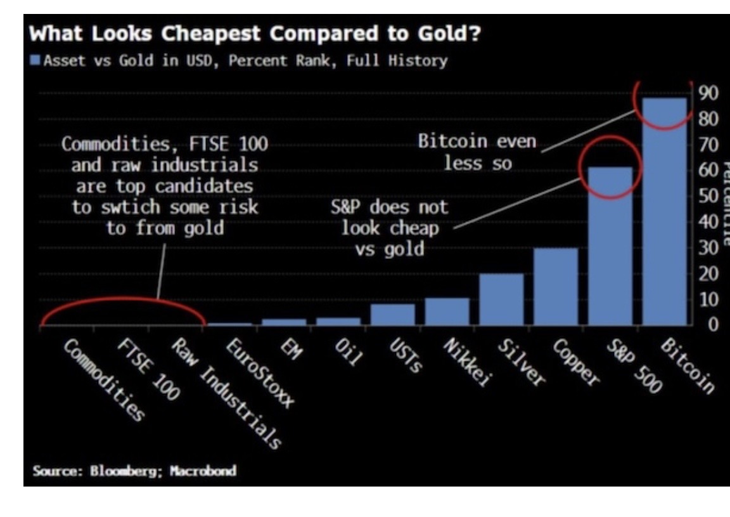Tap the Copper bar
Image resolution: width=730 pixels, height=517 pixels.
tap(556, 286)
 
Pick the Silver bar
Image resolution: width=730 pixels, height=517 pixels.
tap(501, 299)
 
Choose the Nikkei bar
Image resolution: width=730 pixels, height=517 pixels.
tap(447, 311)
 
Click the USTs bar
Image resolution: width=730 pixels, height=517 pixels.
tap(393, 315)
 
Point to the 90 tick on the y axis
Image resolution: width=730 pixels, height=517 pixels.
tap(708, 93)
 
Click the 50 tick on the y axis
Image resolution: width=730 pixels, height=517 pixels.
tap(708, 197)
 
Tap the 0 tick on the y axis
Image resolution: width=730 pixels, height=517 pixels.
tap(712, 325)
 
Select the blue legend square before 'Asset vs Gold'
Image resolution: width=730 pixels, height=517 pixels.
tap(34, 60)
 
